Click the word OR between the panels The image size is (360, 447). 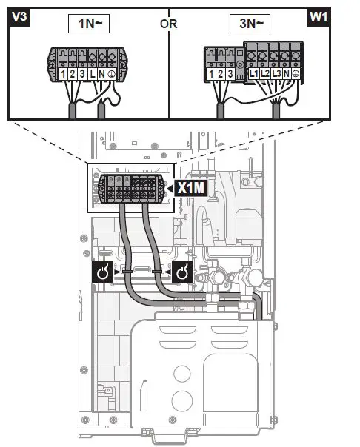169,23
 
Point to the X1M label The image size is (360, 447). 190,190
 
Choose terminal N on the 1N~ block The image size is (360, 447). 101,75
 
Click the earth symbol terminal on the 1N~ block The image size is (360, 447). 111,75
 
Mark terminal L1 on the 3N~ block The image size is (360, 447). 254,75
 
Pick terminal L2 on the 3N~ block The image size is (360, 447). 266,75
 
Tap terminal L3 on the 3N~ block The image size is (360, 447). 277,75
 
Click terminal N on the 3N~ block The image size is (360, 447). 287,75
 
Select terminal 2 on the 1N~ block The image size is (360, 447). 73,75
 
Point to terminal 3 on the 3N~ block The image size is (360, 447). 231,75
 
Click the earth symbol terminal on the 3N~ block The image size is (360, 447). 297,75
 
